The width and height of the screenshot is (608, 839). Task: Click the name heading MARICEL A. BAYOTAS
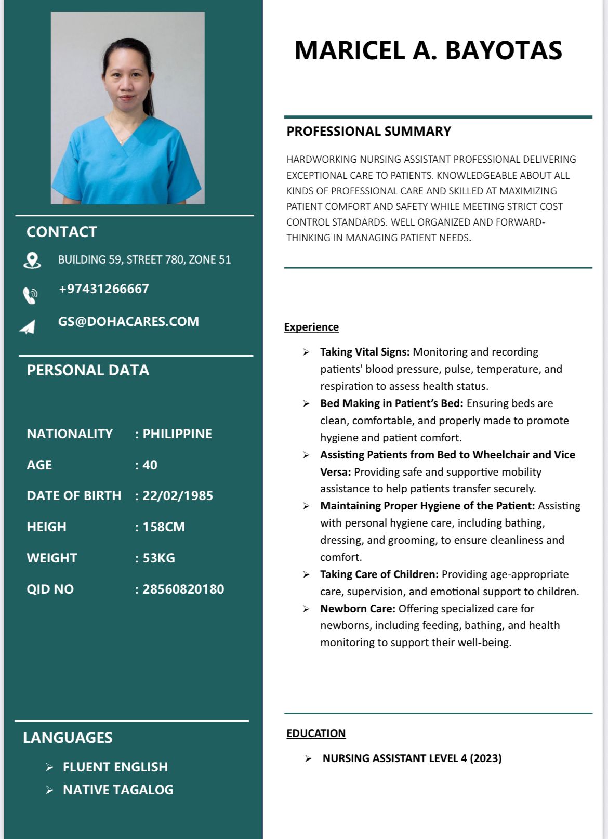(428, 50)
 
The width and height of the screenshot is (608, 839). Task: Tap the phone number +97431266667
(104, 289)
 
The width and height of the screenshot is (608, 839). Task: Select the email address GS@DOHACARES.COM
(128, 321)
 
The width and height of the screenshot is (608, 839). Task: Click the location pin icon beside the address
(32, 260)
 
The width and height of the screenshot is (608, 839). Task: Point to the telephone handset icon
(30, 295)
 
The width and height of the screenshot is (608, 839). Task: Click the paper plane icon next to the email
(28, 327)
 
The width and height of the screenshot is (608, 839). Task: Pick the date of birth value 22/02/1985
(178, 495)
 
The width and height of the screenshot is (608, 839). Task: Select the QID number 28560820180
(183, 589)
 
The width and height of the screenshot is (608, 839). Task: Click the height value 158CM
(164, 527)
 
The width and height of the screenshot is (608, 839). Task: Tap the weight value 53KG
(158, 558)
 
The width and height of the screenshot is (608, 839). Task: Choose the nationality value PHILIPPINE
(177, 434)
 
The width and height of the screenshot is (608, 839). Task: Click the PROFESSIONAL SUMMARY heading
(368, 132)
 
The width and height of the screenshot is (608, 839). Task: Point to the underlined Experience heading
(311, 327)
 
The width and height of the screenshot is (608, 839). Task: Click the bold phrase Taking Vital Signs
(365, 352)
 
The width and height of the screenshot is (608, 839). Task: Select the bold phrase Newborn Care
(358, 608)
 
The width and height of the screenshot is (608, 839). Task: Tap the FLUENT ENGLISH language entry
(115, 767)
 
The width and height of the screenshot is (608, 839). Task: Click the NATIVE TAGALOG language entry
(118, 790)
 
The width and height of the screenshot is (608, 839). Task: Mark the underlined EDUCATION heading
(316, 733)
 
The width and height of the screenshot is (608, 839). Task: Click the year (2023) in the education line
(486, 758)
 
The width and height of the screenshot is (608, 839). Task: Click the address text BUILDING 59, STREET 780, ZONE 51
(144, 259)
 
